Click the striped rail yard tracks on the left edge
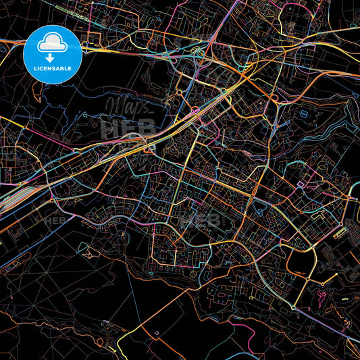click(x=17, y=196)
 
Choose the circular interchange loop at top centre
click(x=201, y=53)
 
